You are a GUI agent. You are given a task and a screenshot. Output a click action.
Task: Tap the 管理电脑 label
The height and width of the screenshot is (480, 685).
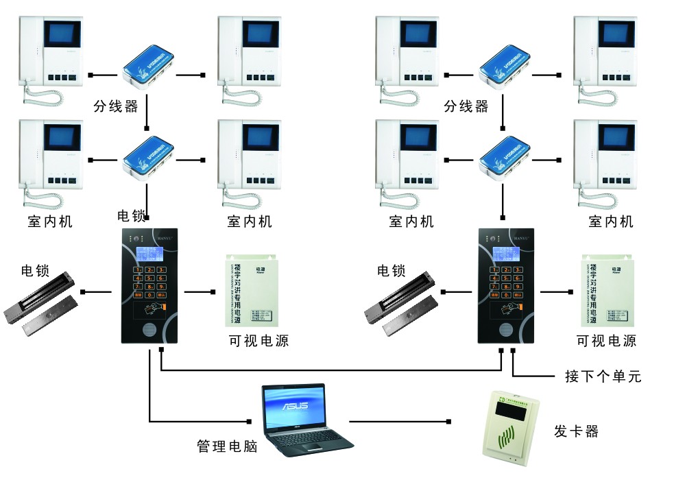pyautogui.click(x=227, y=446)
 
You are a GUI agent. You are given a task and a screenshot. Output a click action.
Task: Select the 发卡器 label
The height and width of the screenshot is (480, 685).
pyautogui.click(x=576, y=431)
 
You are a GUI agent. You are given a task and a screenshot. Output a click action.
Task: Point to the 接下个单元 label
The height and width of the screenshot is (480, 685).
pyautogui.click(x=603, y=376)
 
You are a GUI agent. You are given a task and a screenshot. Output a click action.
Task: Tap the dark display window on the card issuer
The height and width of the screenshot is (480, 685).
pyautogui.click(x=511, y=413)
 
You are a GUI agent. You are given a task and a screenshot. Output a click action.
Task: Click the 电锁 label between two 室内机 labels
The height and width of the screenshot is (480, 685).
pyautogui.click(x=132, y=217)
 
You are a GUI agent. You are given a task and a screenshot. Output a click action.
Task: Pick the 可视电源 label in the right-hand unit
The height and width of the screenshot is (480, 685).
pyautogui.click(x=606, y=341)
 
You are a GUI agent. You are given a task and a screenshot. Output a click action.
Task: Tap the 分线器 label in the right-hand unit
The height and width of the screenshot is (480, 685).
pyautogui.click(x=466, y=106)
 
